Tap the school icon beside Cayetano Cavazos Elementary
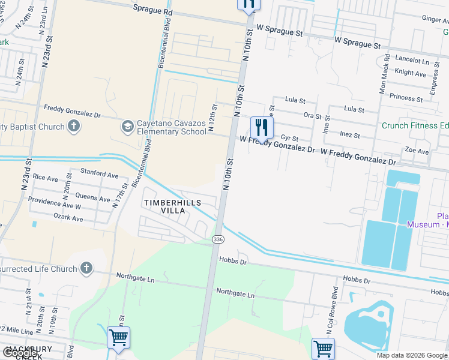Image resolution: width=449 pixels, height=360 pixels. coord(127,127)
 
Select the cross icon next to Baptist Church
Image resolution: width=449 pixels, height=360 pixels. coord(73,126)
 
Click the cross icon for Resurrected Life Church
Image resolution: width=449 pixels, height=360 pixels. coord(86,268)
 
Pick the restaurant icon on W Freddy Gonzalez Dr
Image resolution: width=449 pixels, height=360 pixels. coord(261,127)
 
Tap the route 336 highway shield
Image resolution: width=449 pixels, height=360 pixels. coord(217,239)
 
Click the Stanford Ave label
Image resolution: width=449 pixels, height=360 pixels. coord(99,174)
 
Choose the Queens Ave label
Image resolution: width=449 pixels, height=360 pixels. coord(92,196)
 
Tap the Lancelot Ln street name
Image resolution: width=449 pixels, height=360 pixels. coord(412,61)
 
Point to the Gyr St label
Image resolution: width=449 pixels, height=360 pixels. coord(289,138)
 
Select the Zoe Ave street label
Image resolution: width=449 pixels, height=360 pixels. coord(417,151)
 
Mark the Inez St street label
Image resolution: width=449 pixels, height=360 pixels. coord(349,135)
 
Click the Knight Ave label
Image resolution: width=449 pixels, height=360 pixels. coord(411,73)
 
